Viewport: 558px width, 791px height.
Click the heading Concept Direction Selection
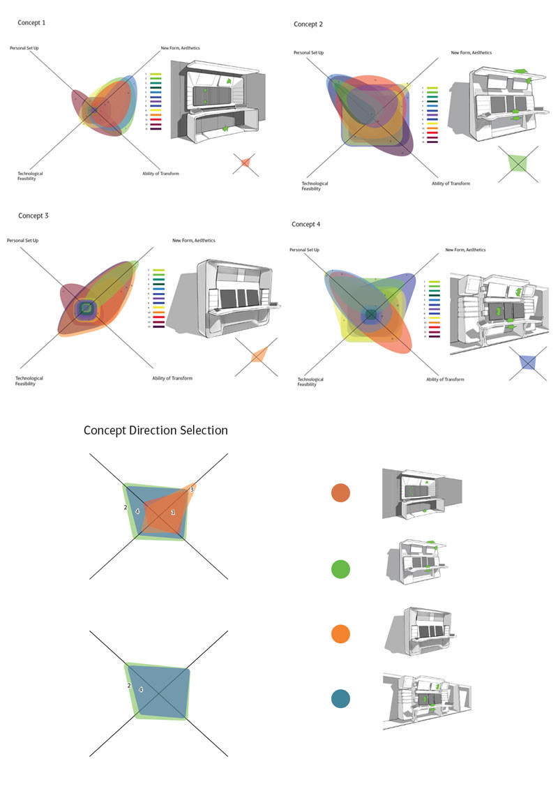[156, 430]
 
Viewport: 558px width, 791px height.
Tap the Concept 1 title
[31, 23]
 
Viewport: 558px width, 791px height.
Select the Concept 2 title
[308, 24]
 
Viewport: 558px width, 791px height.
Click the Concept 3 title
[33, 216]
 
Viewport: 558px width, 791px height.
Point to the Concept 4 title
[306, 225]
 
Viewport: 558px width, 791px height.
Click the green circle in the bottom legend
[340, 568]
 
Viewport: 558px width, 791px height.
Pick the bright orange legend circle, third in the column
[340, 634]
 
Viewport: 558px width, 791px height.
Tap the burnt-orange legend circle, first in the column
[340, 493]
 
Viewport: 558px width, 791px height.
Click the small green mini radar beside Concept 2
[518, 163]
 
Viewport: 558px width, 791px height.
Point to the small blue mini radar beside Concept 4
[527, 363]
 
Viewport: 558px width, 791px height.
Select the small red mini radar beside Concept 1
[246, 163]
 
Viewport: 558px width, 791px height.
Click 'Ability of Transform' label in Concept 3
[172, 379]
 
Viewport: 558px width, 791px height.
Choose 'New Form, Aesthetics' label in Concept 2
[471, 53]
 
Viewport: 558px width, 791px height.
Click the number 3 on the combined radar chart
[192, 490]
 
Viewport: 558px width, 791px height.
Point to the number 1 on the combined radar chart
[173, 513]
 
